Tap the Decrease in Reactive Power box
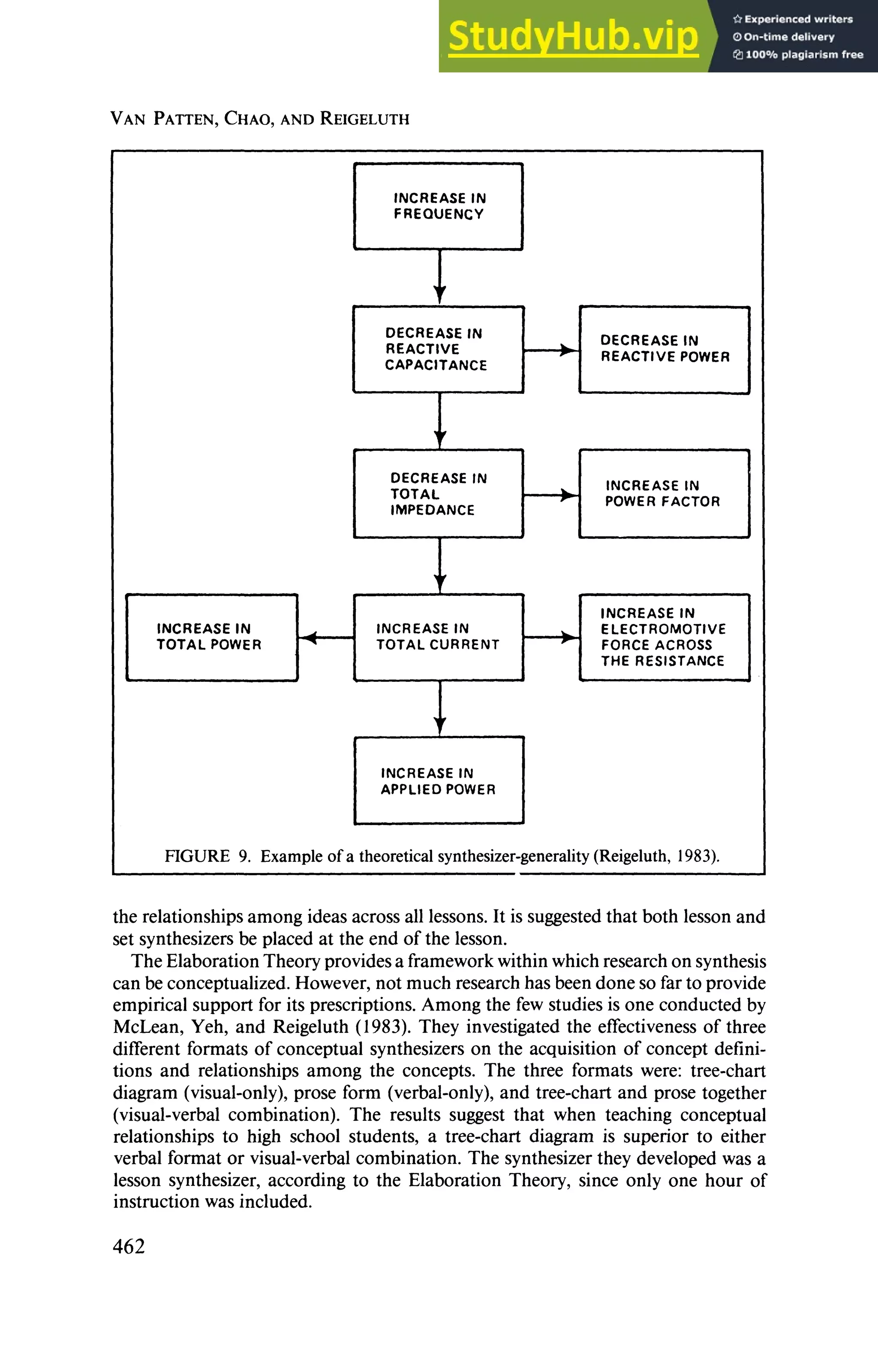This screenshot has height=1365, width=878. click(x=664, y=349)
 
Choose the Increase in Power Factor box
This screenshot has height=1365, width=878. click(x=664, y=494)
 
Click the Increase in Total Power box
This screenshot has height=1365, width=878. click(x=211, y=637)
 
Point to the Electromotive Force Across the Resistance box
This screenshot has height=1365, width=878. click(x=664, y=637)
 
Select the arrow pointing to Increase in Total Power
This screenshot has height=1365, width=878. click(x=325, y=637)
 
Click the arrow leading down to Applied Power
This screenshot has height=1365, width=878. click(x=439, y=708)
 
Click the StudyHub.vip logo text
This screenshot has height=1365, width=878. click(x=573, y=36)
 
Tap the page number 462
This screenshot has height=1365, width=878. click(x=129, y=1246)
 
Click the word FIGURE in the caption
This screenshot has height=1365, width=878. click(x=197, y=856)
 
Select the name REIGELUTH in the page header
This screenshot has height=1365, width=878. click(x=365, y=119)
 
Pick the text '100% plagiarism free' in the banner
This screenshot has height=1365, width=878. click(x=804, y=55)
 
